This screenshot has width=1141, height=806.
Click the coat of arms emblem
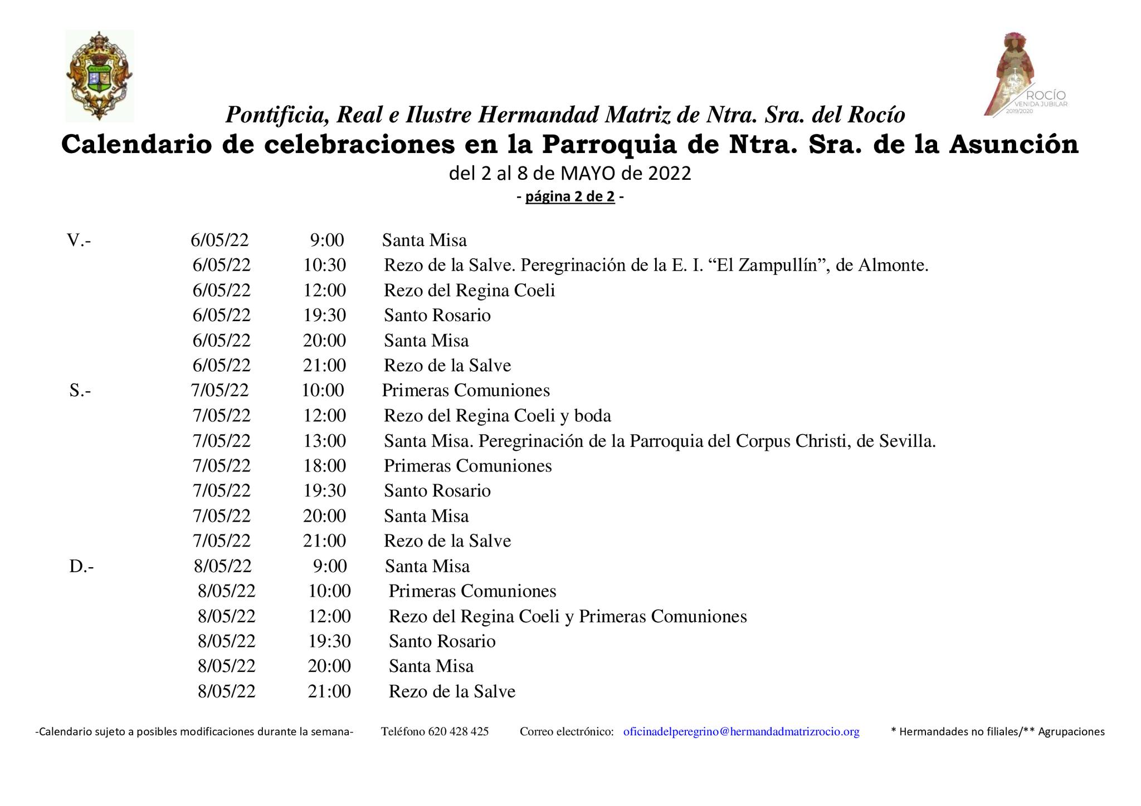pos(99,76)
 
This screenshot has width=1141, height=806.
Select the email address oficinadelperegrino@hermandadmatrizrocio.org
pos(741,731)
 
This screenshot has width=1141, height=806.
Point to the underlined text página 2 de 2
pos(569,196)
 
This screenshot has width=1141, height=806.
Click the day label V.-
pos(79,240)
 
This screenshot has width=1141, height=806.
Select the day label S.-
pos(80,390)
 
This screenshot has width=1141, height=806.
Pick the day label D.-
pos(81,566)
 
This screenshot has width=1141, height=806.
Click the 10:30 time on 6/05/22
pos(324,265)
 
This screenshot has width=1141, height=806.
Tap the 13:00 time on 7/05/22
pos(324,441)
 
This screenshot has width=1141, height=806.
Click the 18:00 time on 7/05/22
pos(324,465)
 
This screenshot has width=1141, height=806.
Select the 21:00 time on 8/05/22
pos(329,691)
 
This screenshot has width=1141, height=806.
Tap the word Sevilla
pos(906,441)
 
